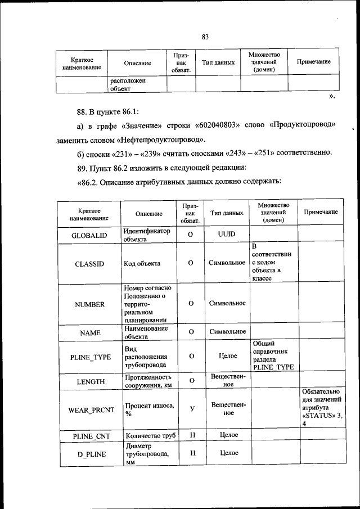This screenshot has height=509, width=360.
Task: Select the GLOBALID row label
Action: tap(89, 235)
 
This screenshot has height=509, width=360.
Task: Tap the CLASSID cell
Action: tap(89, 263)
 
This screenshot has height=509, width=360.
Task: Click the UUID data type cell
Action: tap(226, 233)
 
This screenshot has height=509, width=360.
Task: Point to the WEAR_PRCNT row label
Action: tap(89, 409)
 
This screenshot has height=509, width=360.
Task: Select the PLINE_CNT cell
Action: tap(89, 435)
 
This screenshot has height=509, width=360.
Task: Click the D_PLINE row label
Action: tap(89, 453)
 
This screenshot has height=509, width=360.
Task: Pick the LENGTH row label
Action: tap(89, 381)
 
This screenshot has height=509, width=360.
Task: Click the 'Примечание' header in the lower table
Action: tap(321, 212)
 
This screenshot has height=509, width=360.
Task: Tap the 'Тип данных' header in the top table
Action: tap(218, 63)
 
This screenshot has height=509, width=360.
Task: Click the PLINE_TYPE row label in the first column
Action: tap(89, 356)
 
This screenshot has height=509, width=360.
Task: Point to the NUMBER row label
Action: tap(89, 304)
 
